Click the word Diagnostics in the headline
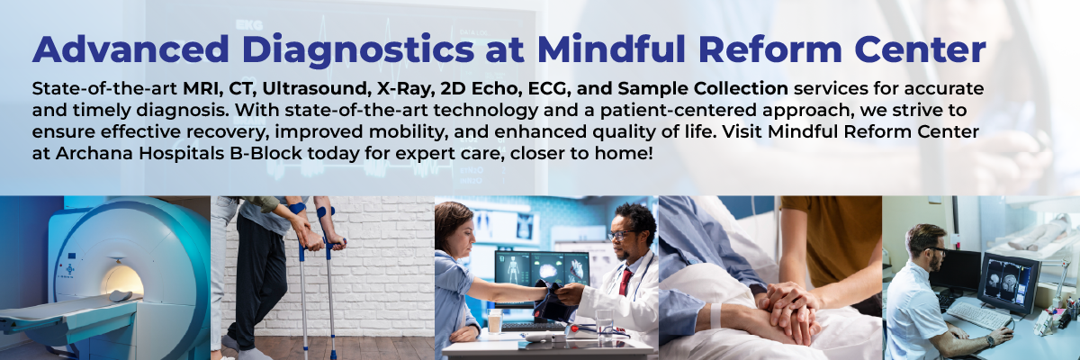pyautogui.click(x=358, y=50)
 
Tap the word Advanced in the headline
pyautogui.click(x=130, y=49)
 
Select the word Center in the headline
pyautogui.click(x=920, y=49)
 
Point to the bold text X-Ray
pyautogui.click(x=406, y=89)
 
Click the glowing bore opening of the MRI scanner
pyautogui.click(x=122, y=282)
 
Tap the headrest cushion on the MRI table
pyautogui.click(x=120, y=295)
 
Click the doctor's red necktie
pyautogui.click(x=625, y=282)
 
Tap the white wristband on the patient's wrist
pyautogui.click(x=715, y=315)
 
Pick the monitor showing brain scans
pyautogui.click(x=1009, y=283)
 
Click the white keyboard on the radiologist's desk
pyautogui.click(x=979, y=316)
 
